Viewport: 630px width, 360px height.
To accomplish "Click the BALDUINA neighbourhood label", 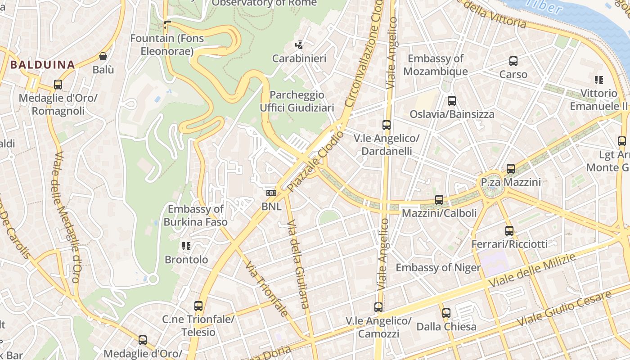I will click(x=42, y=64).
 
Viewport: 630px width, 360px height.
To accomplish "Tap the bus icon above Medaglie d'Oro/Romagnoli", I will click(x=58, y=85).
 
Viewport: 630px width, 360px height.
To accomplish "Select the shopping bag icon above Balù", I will click(x=103, y=56).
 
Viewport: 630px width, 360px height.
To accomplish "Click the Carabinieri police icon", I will click(x=299, y=45).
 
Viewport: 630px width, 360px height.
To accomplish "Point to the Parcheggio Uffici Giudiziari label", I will click(x=297, y=101).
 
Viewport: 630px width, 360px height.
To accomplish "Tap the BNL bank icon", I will click(x=271, y=193).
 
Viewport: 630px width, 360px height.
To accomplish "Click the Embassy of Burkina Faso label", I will click(x=195, y=216).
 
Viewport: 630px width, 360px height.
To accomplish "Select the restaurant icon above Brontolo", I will click(x=186, y=246).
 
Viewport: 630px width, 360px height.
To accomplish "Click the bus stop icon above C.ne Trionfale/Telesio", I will click(x=198, y=306).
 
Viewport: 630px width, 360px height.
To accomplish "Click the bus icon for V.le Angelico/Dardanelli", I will click(x=386, y=125).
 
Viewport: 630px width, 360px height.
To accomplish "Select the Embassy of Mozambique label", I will click(x=436, y=65).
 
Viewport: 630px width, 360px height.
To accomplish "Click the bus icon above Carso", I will click(x=513, y=61).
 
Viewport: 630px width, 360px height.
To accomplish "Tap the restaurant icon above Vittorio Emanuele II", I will click(x=598, y=80).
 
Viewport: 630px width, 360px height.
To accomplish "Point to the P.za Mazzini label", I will click(x=511, y=182).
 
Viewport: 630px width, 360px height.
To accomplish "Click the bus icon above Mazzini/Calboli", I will click(x=439, y=199).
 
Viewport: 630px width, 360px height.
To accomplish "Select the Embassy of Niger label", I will click(x=438, y=268).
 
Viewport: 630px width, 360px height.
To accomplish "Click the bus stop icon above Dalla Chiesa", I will click(x=446, y=313).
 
